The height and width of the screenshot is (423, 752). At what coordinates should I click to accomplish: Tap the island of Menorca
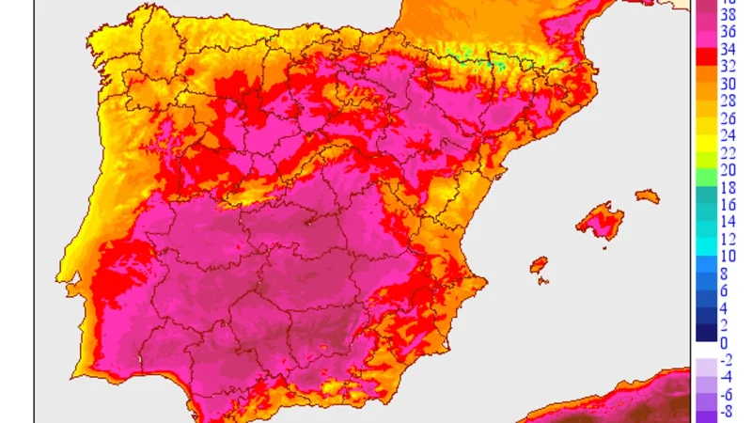coord(647,196)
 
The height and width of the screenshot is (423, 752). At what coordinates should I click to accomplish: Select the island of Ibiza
coord(539,265)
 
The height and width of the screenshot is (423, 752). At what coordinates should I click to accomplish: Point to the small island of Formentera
coord(542,281)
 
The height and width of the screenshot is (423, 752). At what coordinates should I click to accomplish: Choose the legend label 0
coord(724,343)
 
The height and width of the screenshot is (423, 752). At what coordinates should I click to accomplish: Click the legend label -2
coord(727,360)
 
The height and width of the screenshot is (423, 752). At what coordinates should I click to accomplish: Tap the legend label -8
coord(727,412)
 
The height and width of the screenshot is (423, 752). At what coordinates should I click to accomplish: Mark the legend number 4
coord(724,308)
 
